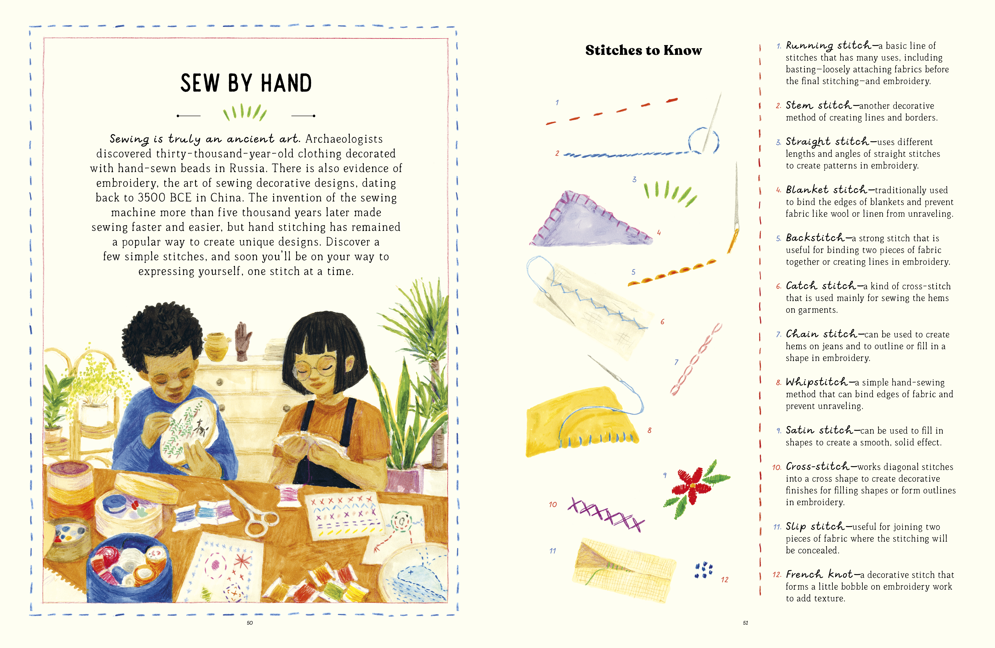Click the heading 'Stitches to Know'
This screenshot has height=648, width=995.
[x=643, y=50]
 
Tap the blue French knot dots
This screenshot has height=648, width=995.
[x=704, y=570]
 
